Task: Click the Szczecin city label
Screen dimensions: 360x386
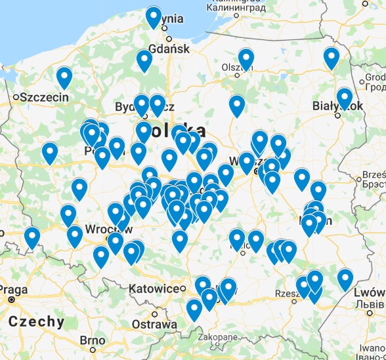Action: [45, 97]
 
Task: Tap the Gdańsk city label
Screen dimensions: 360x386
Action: [169, 49]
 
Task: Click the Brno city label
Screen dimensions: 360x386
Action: [92, 340]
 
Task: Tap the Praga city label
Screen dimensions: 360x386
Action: [14, 289]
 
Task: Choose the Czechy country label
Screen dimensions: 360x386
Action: [37, 321]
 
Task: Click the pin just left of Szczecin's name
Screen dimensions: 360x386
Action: [64, 78]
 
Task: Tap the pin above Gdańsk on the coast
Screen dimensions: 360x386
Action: [154, 17]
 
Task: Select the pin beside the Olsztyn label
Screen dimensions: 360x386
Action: [246, 60]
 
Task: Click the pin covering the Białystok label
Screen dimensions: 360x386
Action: [345, 99]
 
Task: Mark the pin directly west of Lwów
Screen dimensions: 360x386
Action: [345, 280]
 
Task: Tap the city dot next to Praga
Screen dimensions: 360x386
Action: [11, 300]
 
